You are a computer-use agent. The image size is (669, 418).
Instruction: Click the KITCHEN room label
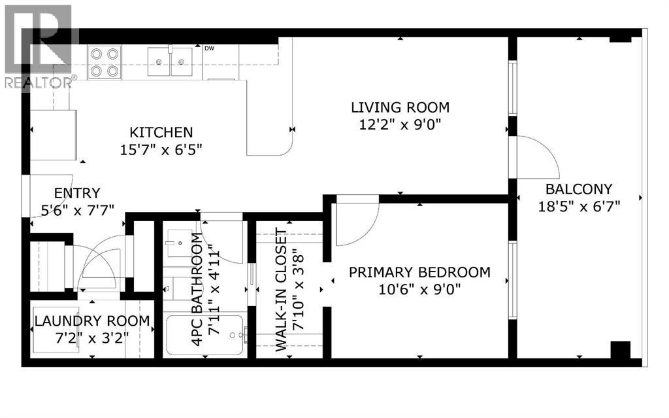coord(161,132)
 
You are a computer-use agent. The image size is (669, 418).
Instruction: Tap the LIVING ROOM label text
coord(400,107)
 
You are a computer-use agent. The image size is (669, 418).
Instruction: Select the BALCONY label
coord(579,189)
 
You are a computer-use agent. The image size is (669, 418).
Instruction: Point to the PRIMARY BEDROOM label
coord(420,272)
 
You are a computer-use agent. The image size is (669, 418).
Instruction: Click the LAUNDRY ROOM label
coord(92,321)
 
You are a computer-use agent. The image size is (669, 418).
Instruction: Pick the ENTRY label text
coord(77,193)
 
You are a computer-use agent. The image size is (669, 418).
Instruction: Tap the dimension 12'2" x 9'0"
coord(400,125)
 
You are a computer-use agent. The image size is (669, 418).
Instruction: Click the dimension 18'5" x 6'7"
coord(579,207)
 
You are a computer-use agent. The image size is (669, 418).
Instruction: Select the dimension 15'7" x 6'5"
coord(161,150)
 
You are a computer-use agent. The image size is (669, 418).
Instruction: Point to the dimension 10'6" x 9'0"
coord(420,290)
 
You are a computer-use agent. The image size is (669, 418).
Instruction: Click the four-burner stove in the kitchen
coord(105,62)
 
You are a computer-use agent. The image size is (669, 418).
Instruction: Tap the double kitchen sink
coord(170,62)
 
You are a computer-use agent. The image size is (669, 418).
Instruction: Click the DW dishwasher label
coord(209,48)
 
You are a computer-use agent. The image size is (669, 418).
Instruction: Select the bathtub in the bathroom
coord(204,335)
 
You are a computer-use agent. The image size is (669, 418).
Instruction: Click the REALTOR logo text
coord(39,82)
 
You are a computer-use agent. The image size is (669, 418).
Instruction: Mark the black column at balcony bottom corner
coord(621,350)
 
